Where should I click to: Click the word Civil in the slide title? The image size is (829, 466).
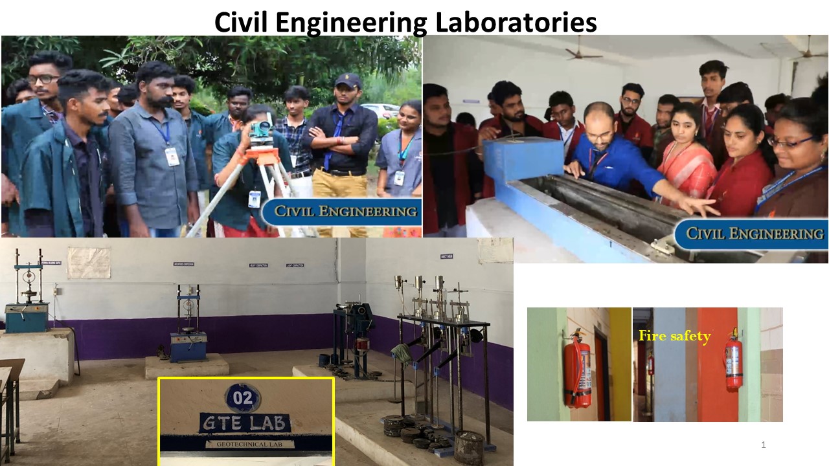pyautogui.click(x=242, y=22)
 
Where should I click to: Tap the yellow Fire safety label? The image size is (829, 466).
pyautogui.click(x=674, y=336)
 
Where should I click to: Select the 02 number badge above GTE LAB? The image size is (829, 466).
pyautogui.click(x=242, y=397)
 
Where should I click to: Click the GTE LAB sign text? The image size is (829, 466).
pyautogui.click(x=245, y=423)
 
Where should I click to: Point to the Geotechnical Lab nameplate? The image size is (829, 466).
pyautogui.click(x=250, y=444)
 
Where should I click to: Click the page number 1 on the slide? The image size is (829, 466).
pyautogui.click(x=764, y=445)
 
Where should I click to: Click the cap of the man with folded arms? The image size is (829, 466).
pyautogui.click(x=347, y=80)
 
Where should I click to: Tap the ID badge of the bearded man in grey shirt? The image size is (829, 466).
pyautogui.click(x=172, y=156)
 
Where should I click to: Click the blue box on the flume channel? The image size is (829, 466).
pyautogui.click(x=523, y=159)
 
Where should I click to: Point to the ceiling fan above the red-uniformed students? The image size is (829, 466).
pyautogui.click(x=582, y=54)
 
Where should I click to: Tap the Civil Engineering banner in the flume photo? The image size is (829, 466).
pyautogui.click(x=751, y=234)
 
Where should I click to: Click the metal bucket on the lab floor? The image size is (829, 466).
pyautogui.click(x=469, y=447)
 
